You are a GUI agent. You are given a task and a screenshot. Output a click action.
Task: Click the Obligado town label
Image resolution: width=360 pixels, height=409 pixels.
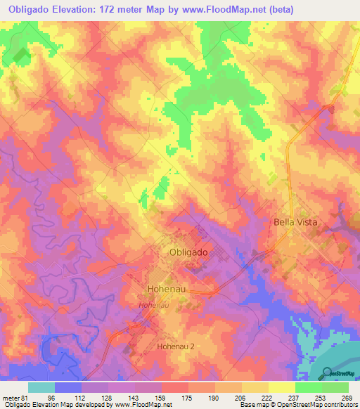pyautogui.click(x=188, y=252)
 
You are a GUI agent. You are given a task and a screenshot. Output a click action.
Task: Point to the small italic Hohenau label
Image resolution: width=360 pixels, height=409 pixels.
pyautogui.click(x=153, y=306)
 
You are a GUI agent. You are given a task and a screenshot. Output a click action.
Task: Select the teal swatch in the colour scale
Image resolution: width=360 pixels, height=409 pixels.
pyautogui.click(x=41, y=387)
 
